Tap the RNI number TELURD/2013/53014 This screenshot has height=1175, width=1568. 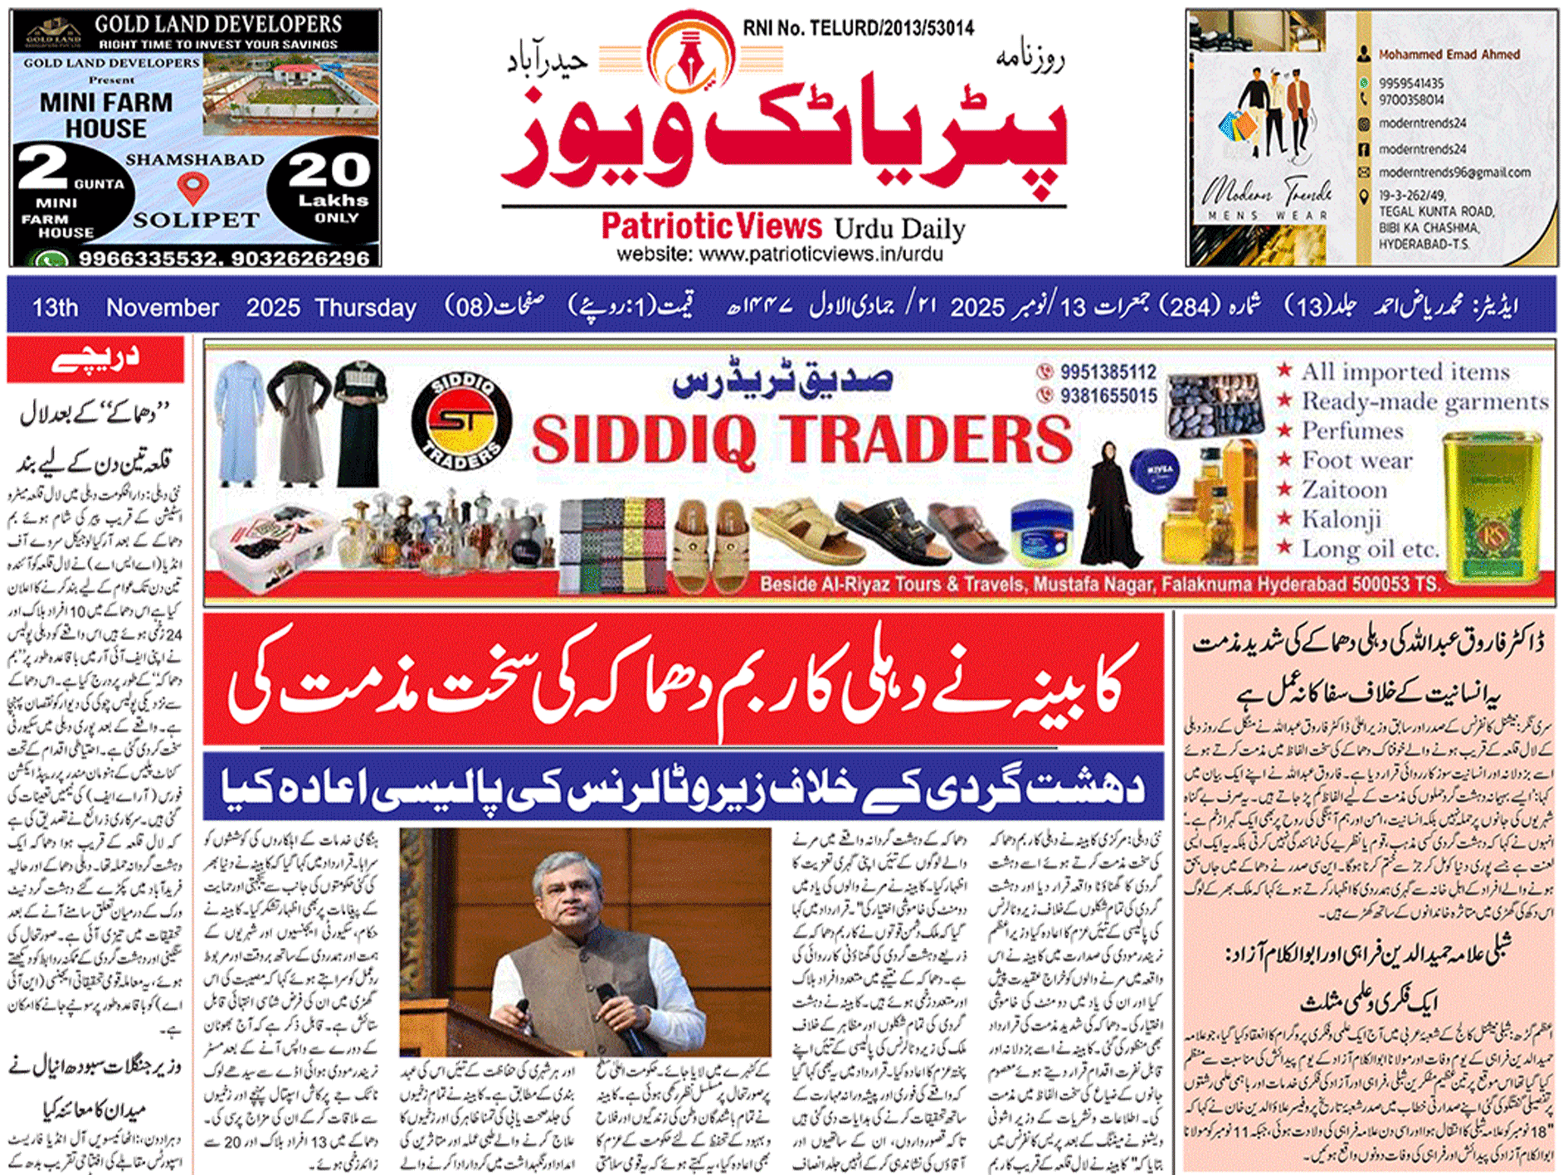click(858, 29)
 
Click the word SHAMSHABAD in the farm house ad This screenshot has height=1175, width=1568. click(195, 159)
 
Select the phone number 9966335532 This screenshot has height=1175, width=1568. click(149, 259)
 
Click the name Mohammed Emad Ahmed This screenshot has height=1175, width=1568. click(1449, 55)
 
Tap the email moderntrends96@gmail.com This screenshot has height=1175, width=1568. click(1454, 172)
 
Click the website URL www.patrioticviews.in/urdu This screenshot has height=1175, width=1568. click(780, 255)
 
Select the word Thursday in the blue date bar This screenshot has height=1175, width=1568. click(365, 308)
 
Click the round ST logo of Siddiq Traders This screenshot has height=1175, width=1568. click(461, 422)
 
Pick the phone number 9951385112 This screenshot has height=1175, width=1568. click(1108, 372)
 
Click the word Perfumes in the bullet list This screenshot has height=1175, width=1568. click(1351, 431)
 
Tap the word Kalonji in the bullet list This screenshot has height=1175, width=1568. click(1341, 520)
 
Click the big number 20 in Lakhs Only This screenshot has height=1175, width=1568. click(329, 170)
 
